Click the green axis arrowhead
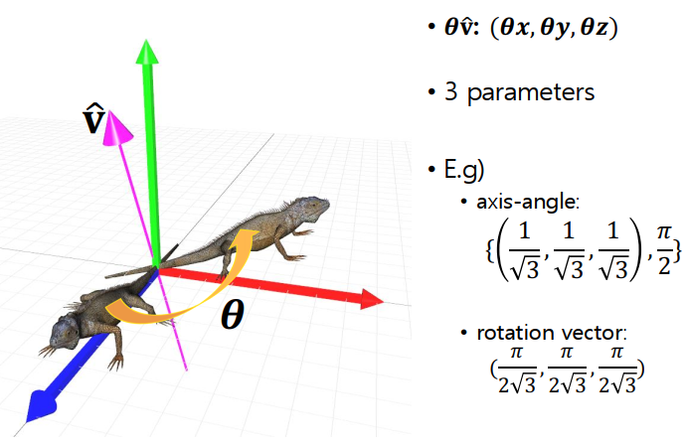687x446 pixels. point(148,55)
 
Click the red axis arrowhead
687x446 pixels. point(371,298)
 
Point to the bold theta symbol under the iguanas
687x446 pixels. point(231,316)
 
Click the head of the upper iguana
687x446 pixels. point(315,207)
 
